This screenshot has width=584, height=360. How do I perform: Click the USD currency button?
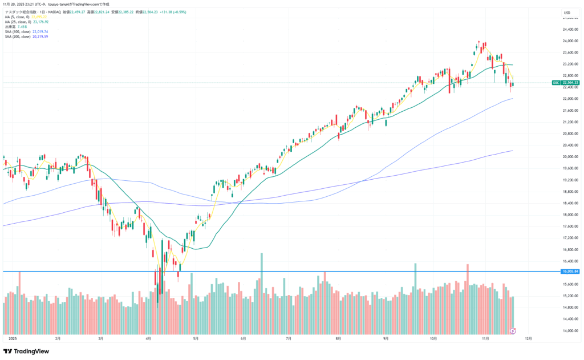pyautogui.click(x=567, y=13)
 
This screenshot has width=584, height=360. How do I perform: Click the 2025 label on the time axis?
pyautogui.click(x=13, y=338)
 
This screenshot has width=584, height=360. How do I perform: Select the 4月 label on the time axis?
pyautogui.click(x=148, y=338)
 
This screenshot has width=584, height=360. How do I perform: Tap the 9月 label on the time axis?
pyautogui.click(x=386, y=338)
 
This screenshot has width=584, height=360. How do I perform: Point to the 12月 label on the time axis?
pyautogui.click(x=528, y=338)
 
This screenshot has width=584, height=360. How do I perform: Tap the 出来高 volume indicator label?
pyautogui.click(x=10, y=27)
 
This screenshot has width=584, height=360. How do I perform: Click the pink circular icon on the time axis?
pyautogui.click(x=513, y=330)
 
